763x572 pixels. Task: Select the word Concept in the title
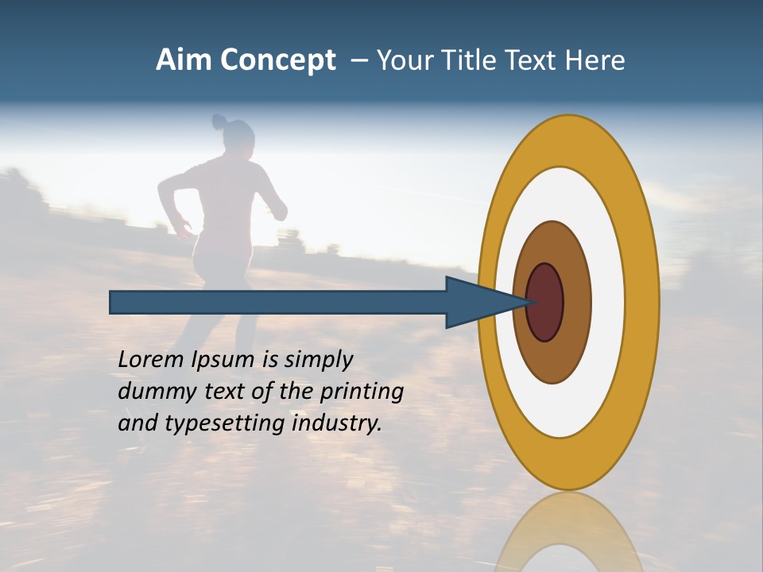[x=277, y=60]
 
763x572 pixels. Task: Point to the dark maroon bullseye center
[x=545, y=302]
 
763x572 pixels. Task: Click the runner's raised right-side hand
[x=278, y=211]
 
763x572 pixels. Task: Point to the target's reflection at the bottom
[x=567, y=532]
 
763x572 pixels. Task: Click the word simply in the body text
[x=318, y=360]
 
